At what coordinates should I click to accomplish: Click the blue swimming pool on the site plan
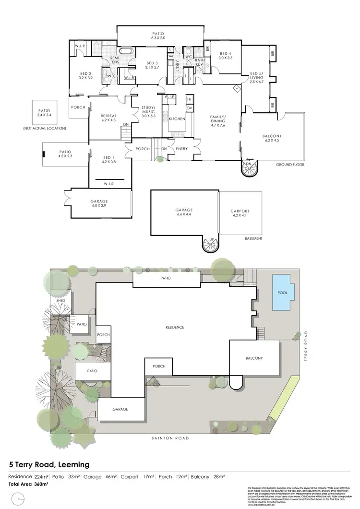283,292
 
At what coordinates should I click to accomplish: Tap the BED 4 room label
225,54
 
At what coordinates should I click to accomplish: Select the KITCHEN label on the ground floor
177,118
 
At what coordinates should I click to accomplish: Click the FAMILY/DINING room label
217,119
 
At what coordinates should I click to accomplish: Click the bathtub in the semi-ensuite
127,52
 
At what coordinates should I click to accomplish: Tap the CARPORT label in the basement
240,211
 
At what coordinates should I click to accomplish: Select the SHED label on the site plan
60,301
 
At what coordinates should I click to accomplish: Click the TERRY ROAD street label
305,345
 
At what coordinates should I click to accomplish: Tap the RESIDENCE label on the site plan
175,327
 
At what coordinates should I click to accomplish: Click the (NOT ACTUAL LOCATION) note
44,129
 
